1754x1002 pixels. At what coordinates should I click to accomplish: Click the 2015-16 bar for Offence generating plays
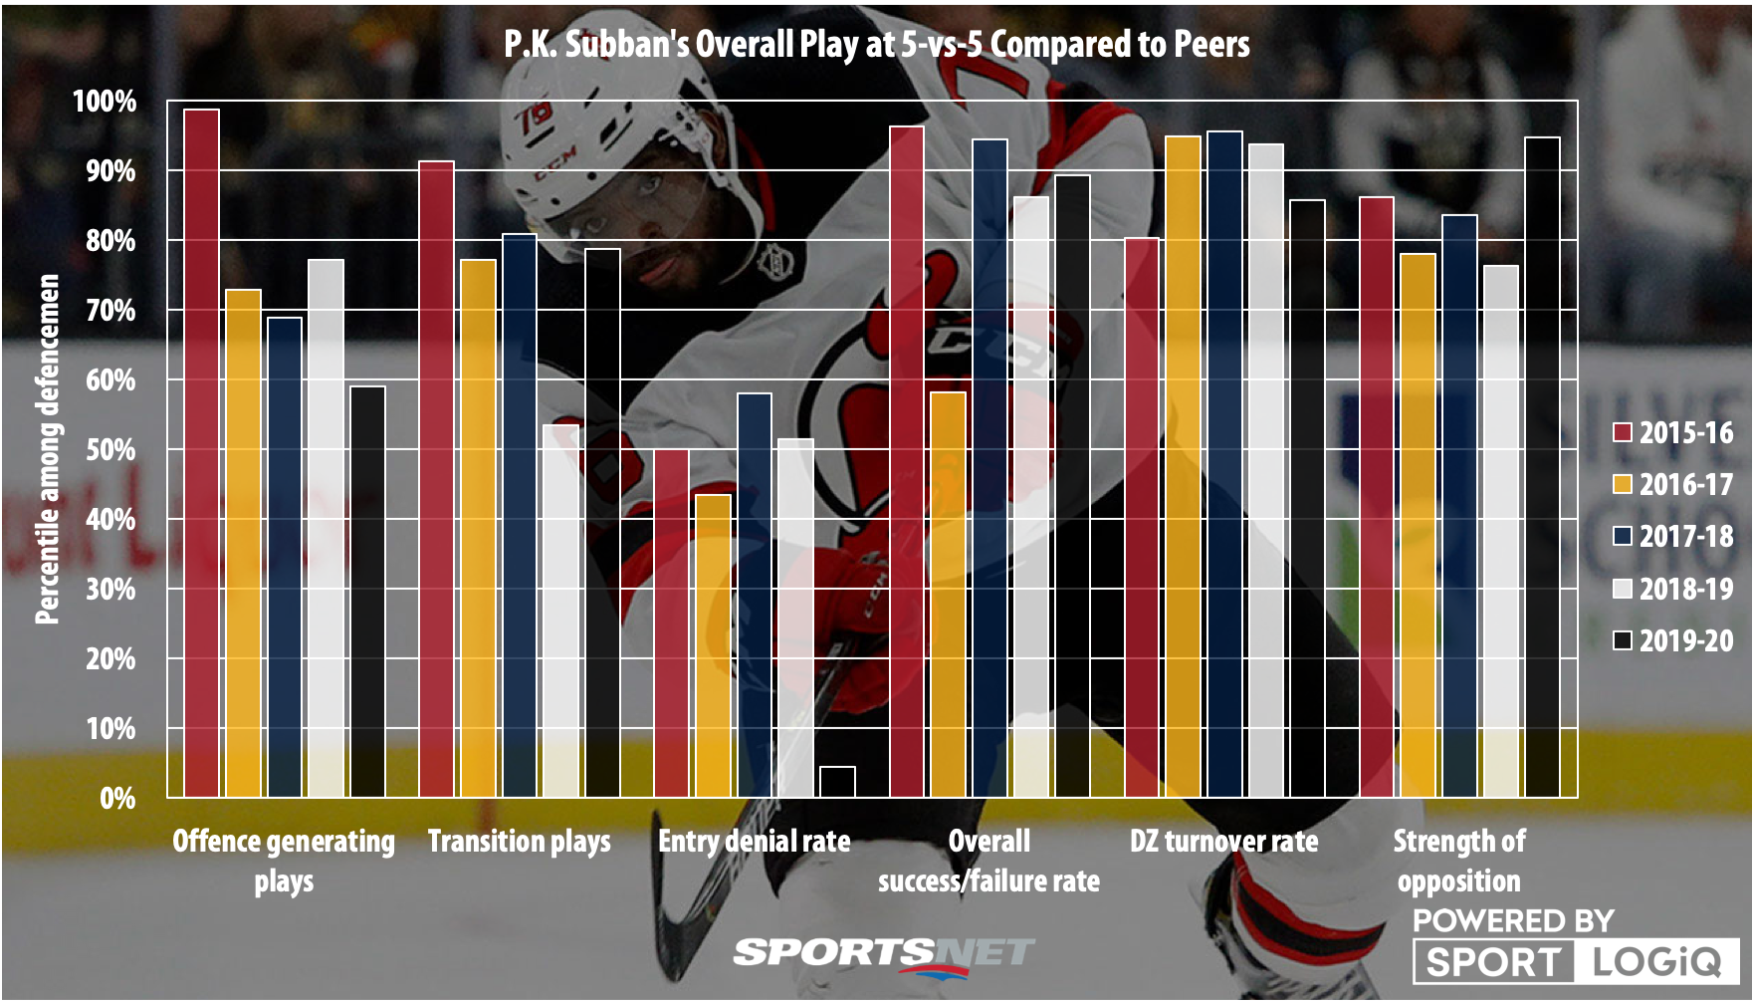(202, 453)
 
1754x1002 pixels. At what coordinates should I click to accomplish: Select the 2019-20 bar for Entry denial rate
(837, 782)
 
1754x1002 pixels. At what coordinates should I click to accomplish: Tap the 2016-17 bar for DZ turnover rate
(1184, 466)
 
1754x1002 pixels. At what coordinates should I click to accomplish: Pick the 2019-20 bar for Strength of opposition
(1542, 467)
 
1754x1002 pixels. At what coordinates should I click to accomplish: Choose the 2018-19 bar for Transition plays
(561, 611)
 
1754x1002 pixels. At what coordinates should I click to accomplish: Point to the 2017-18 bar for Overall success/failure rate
(989, 468)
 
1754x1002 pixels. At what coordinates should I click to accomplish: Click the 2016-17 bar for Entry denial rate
(714, 645)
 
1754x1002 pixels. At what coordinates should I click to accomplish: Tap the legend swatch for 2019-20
(1623, 640)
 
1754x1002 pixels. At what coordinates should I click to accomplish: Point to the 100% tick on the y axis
(105, 102)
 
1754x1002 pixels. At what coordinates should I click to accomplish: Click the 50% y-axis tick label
(110, 450)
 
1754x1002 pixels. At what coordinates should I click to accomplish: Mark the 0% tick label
(117, 798)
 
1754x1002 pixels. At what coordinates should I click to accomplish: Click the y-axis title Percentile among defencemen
(47, 449)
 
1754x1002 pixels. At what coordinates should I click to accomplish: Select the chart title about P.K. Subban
(876, 44)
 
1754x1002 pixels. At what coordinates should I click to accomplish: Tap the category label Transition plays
(519, 842)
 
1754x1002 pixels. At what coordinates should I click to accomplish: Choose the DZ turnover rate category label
(1223, 842)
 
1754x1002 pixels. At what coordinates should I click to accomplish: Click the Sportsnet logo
(883, 954)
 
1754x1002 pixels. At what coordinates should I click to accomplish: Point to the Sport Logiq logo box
(1575, 961)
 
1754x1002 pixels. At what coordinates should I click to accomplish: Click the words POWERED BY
(1512, 920)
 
